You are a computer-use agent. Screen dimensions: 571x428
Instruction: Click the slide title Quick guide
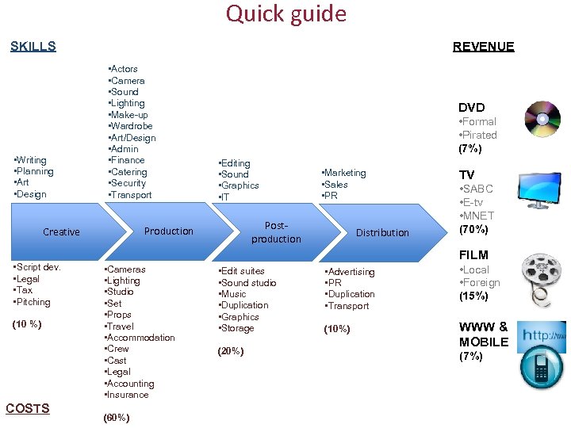click(285, 14)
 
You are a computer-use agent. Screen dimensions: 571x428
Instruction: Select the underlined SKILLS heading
click(33, 46)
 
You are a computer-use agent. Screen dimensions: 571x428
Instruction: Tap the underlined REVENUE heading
click(483, 46)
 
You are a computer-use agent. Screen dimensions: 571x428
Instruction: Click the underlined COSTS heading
click(28, 408)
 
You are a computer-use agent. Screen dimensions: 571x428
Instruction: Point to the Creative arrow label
click(61, 232)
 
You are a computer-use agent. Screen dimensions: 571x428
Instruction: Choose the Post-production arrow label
click(276, 232)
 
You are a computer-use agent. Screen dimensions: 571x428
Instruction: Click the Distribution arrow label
click(382, 232)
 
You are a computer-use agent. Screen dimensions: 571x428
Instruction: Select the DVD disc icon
click(542, 120)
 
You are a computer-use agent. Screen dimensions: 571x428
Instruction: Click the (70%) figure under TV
click(475, 230)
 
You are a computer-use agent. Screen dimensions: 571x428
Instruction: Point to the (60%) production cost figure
click(117, 418)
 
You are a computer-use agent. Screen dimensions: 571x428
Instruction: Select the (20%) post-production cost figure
click(230, 351)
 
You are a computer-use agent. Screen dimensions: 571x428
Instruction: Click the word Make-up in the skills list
click(129, 115)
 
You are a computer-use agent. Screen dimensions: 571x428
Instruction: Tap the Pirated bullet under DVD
click(479, 135)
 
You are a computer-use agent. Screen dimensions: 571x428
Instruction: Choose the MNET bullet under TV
click(477, 216)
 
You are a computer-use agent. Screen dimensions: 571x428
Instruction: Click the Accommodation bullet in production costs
click(140, 338)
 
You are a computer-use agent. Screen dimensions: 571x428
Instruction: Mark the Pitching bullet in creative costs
click(33, 302)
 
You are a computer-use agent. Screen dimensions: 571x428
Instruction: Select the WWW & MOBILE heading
click(483, 334)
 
